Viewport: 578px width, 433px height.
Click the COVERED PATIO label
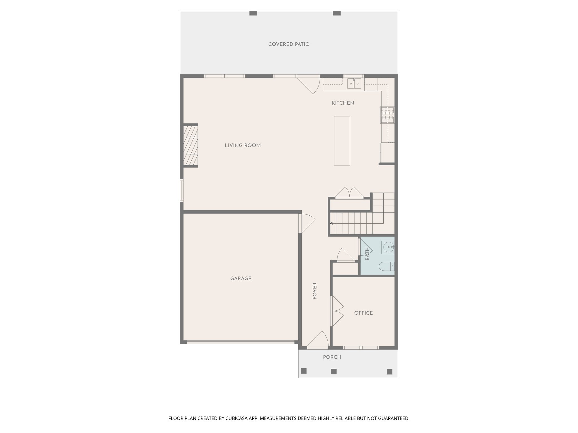click(289, 44)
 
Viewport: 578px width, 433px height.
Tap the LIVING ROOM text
click(242, 145)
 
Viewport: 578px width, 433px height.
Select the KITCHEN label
click(343, 103)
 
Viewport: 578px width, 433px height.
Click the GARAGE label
click(240, 279)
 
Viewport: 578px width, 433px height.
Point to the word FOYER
click(315, 291)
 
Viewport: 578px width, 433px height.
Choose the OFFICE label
click(363, 313)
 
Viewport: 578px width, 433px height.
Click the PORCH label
click(332, 357)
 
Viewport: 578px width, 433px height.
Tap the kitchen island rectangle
click(342, 140)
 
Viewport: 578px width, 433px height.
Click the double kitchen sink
click(354, 83)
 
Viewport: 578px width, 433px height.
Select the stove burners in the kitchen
click(387, 115)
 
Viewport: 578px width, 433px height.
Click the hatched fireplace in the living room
click(191, 145)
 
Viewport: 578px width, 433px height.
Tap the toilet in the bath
click(386, 266)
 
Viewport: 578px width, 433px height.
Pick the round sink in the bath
click(389, 247)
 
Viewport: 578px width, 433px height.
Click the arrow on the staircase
click(332, 223)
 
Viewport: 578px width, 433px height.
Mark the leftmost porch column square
click(304, 371)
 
